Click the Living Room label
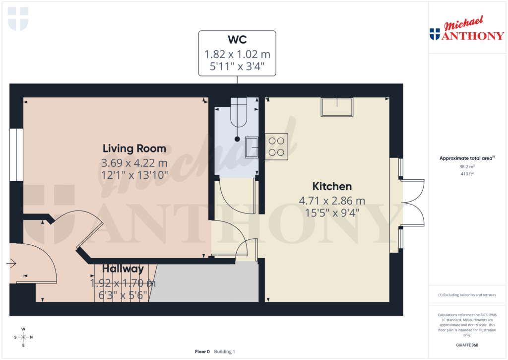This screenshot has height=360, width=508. pyautogui.click(x=134, y=148)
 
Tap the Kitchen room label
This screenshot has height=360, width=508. pyautogui.click(x=332, y=187)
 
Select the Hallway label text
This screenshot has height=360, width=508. pyautogui.click(x=123, y=269)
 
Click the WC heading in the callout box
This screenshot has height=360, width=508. pyautogui.click(x=237, y=40)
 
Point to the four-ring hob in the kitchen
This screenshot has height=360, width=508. pyautogui.click(x=276, y=146)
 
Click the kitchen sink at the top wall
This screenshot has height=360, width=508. pyautogui.click(x=337, y=107)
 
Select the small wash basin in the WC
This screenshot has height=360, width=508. pyautogui.click(x=252, y=146)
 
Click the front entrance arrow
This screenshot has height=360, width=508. pyautogui.click(x=11, y=263)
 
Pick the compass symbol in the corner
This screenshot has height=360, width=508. pyautogui.click(x=23, y=337)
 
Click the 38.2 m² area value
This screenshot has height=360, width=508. pyautogui.click(x=466, y=167)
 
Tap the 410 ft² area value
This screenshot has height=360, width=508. pyautogui.click(x=466, y=174)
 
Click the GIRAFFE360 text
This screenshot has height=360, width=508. pyautogui.click(x=467, y=345)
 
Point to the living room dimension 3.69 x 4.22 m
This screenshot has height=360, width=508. pyautogui.click(x=134, y=163)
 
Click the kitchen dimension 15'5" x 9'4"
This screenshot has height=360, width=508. pyautogui.click(x=332, y=213)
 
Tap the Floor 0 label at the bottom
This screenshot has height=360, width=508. pyautogui.click(x=202, y=352)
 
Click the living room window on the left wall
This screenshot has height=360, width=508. pyautogui.click(x=16, y=154)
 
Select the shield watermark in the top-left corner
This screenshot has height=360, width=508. pyautogui.click(x=18, y=18)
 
